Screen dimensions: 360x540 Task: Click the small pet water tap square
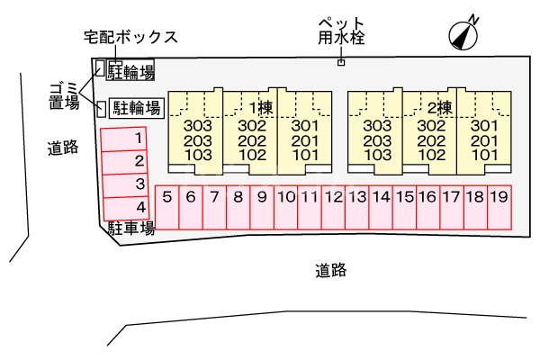(341, 62)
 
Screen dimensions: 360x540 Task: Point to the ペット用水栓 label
(340, 31)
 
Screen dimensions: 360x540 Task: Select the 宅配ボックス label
(130, 37)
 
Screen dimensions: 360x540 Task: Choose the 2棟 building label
(438, 108)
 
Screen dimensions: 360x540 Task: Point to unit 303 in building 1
(196, 127)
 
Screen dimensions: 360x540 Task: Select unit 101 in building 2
(485, 154)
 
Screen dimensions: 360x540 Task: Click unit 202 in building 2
(432, 140)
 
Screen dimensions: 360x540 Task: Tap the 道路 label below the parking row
(331, 269)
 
